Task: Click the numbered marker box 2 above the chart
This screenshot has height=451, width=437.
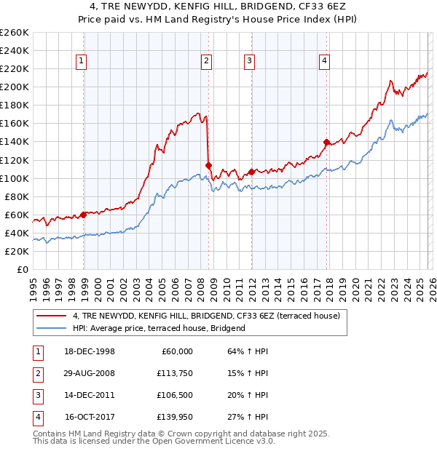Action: [x=207, y=61]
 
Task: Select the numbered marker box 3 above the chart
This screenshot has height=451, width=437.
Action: [x=249, y=61]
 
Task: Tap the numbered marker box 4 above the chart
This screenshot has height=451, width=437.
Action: [x=323, y=61]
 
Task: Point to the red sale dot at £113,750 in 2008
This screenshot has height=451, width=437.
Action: [x=208, y=165]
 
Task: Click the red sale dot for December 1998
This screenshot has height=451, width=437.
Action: [x=84, y=214]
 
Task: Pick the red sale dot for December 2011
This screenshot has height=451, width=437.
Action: [x=251, y=172]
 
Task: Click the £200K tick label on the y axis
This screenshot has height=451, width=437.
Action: [x=15, y=87]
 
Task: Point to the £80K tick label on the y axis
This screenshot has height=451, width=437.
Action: [x=17, y=196]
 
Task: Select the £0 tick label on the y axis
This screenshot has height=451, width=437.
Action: [x=22, y=269]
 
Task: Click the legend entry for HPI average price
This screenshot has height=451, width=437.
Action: [x=159, y=328]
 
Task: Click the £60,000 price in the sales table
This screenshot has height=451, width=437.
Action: [x=175, y=351]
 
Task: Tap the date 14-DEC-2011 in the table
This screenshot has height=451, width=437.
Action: [x=90, y=395]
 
